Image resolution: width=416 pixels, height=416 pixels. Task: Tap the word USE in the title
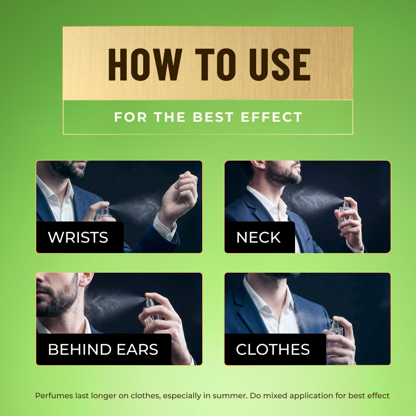pyautogui.click(x=280, y=64)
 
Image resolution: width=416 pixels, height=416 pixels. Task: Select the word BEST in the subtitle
pyautogui.click(x=213, y=117)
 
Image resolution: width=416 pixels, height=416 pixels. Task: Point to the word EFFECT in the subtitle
pyautogui.click(x=272, y=117)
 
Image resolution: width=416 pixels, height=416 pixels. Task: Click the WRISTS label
pyautogui.click(x=78, y=237)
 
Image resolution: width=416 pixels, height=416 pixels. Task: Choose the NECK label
pyautogui.click(x=258, y=237)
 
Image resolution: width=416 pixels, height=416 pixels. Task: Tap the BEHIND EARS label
pyautogui.click(x=103, y=349)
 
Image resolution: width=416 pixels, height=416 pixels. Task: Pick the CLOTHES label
pyautogui.click(x=273, y=349)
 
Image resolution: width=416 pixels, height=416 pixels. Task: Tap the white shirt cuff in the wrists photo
pyautogui.click(x=165, y=227)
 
